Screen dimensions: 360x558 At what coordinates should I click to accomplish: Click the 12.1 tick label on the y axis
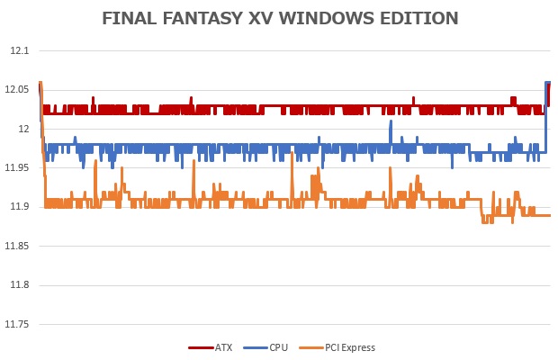click(x=18, y=51)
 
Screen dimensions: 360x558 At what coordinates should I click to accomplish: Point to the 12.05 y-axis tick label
click(x=16, y=90)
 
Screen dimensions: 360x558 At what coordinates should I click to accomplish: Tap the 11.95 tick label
click(x=16, y=168)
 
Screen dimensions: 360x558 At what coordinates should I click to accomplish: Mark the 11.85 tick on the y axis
click(x=16, y=247)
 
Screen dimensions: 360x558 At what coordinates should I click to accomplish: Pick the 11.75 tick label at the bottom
click(x=16, y=324)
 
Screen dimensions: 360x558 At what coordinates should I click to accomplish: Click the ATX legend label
click(x=222, y=347)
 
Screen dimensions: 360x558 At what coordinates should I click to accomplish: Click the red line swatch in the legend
click(x=200, y=347)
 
